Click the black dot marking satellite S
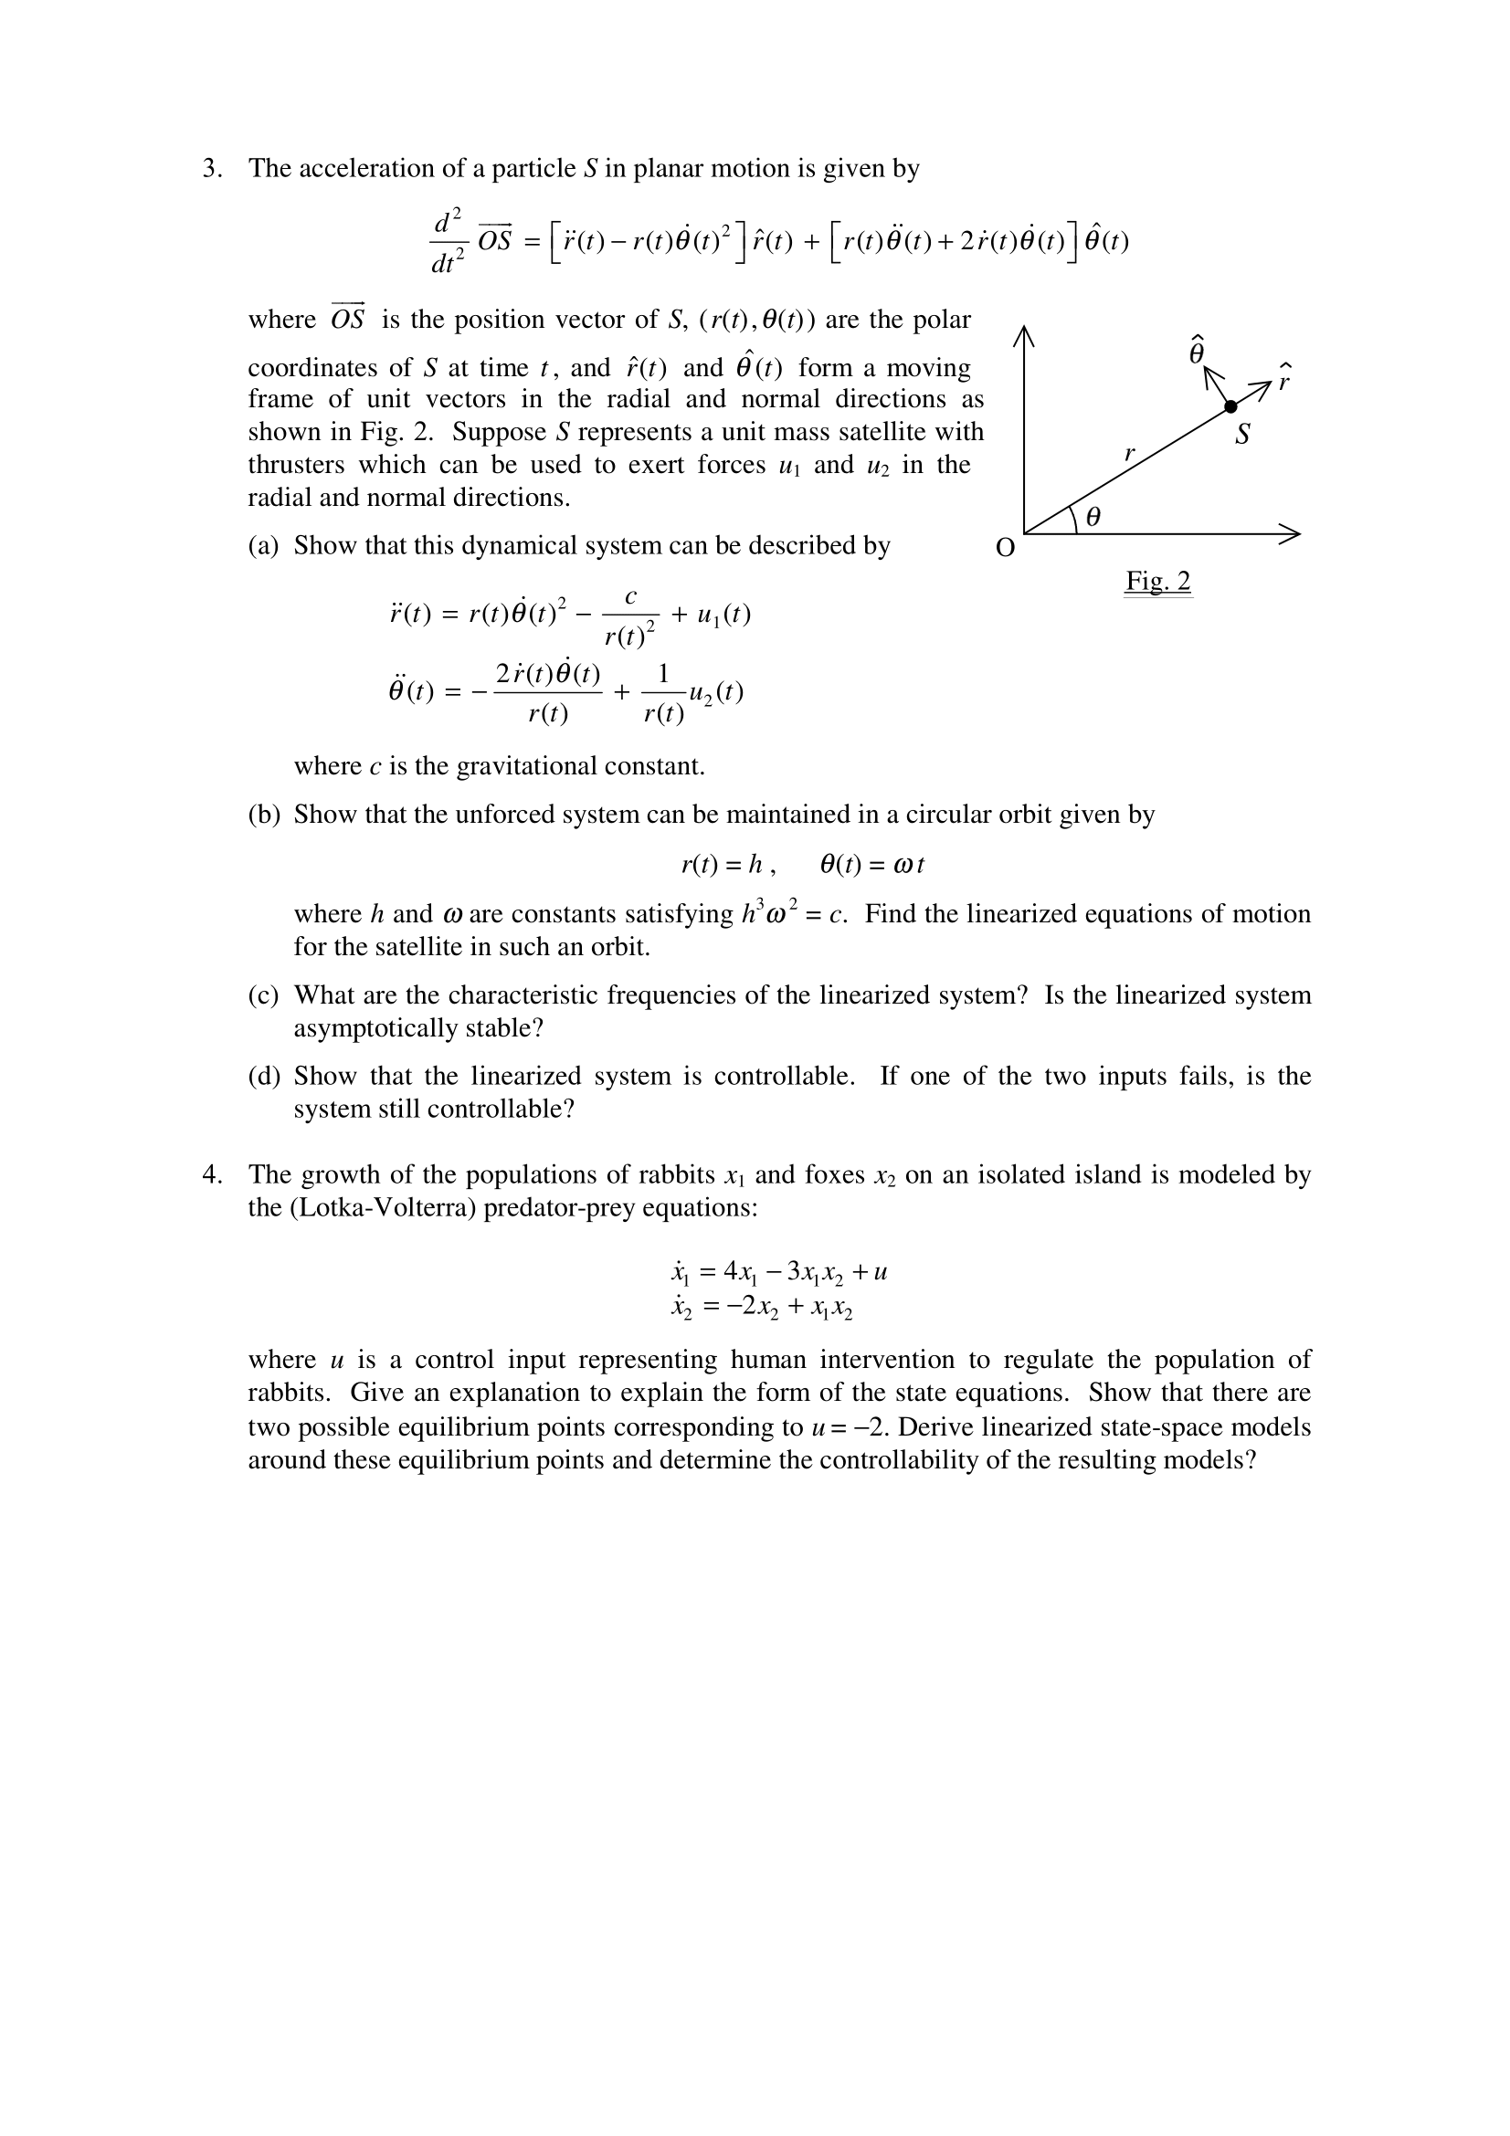pos(1230,406)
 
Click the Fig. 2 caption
pos(1157,582)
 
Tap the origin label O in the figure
pos(1005,549)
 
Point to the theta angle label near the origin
pos(1093,516)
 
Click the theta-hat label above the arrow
pos(1198,350)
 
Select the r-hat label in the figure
pos(1285,378)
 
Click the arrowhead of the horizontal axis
pos(1291,534)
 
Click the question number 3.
pos(211,168)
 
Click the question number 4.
pos(211,1175)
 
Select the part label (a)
pos(263,545)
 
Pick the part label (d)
pos(263,1077)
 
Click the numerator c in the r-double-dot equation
pos(631,598)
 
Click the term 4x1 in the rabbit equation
pos(740,1271)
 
